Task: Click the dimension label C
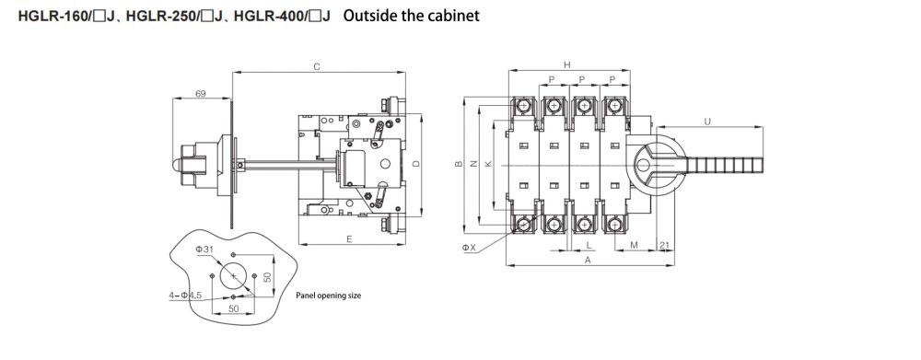click(317, 67)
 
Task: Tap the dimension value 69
click(200, 93)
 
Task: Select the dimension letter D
click(416, 164)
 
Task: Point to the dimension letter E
click(349, 239)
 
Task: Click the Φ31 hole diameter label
click(204, 250)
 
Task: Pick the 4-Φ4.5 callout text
click(185, 296)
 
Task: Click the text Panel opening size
click(329, 296)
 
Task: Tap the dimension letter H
click(566, 65)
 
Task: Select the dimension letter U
click(707, 122)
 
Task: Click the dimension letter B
click(459, 165)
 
